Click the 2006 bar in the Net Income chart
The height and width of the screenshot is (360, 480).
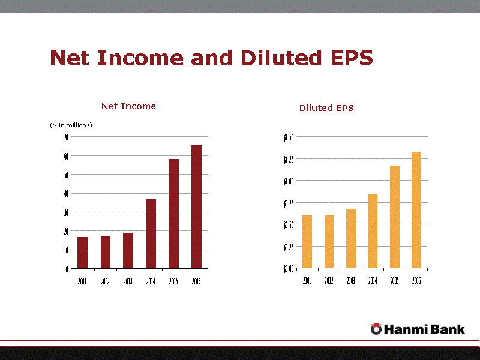196,207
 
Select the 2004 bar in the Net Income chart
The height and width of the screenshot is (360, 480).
151,234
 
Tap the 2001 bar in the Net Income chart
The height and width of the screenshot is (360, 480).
83,253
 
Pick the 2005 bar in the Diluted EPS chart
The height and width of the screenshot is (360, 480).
395,217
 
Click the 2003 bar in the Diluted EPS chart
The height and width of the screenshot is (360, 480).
351,238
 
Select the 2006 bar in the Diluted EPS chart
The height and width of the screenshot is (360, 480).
416,209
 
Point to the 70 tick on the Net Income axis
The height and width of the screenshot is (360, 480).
65,137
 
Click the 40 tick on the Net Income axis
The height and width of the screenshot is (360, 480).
65,193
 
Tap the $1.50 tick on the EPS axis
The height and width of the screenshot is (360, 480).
289,137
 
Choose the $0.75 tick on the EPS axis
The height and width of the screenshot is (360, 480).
289,203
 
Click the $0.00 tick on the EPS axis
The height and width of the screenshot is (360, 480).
289,268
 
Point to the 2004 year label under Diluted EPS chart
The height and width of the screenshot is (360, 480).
373,281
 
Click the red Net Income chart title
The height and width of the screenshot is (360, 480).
128,106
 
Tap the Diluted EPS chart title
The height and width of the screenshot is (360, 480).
326,108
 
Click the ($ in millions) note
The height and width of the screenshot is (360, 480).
71,125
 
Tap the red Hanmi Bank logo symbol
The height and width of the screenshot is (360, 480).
376,328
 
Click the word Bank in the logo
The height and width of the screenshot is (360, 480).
448,328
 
